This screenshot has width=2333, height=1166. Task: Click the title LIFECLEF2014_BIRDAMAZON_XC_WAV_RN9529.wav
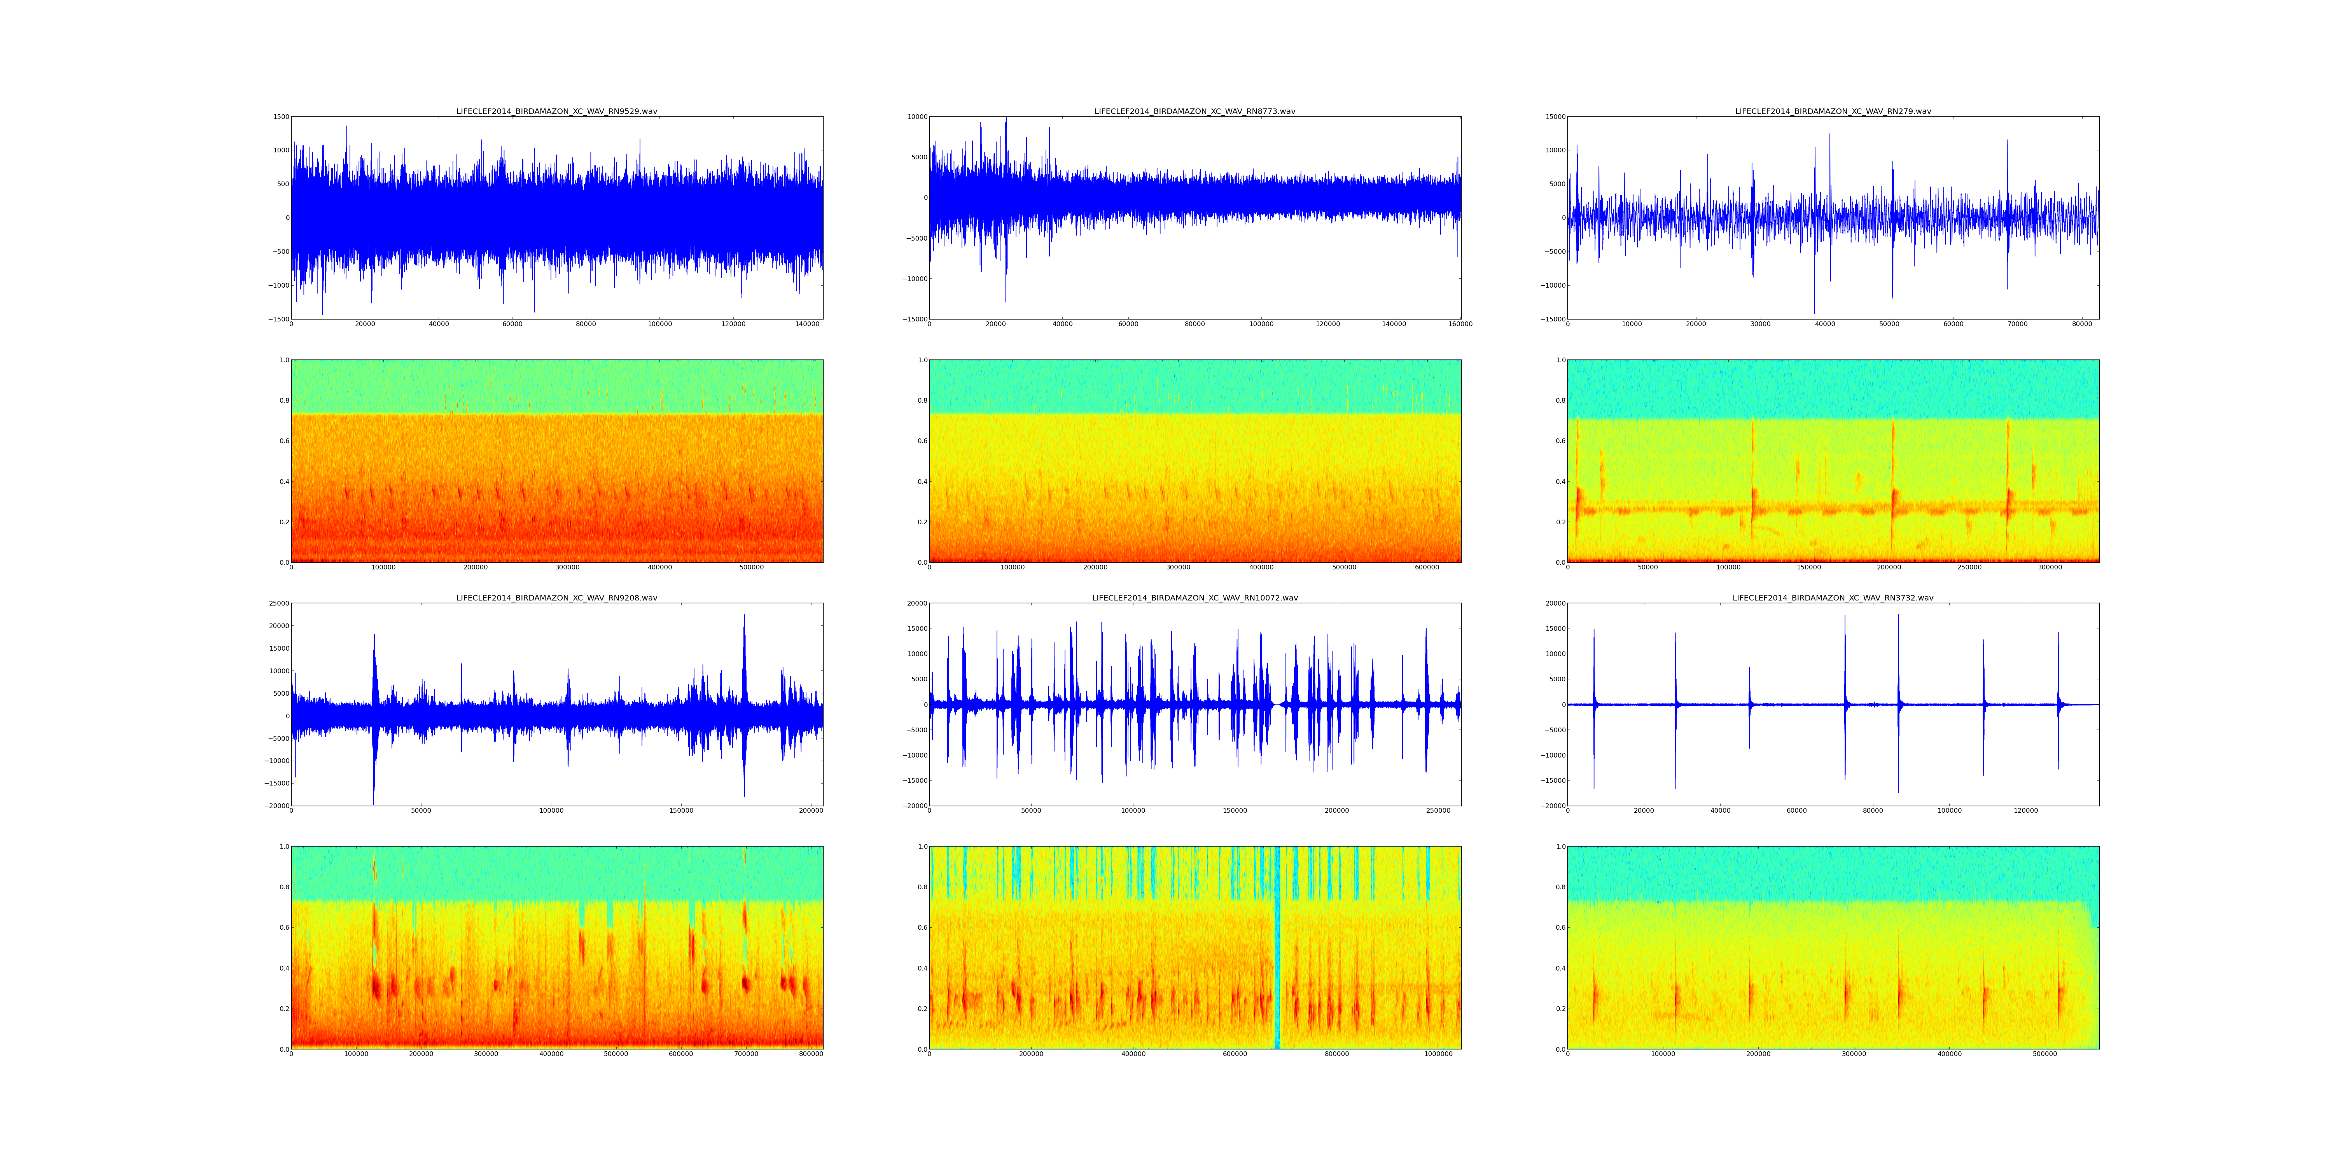[557, 111]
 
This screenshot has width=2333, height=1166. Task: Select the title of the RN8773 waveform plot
[1194, 111]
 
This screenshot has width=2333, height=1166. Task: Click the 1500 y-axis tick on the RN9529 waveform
[281, 117]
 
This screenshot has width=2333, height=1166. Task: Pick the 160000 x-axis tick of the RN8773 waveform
[1460, 324]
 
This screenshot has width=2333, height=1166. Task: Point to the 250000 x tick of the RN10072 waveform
[1438, 810]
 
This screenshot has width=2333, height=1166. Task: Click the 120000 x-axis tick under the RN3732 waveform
[2026, 810]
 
